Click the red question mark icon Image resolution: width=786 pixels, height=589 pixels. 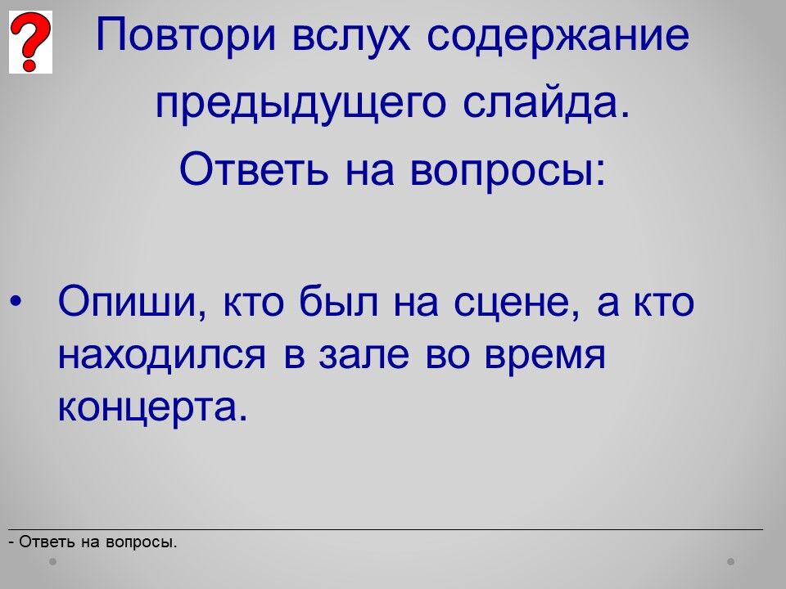pyautogui.click(x=30, y=42)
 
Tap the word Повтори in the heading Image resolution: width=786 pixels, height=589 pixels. pyautogui.click(x=186, y=36)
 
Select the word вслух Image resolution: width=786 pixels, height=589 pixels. pyautogui.click(x=351, y=36)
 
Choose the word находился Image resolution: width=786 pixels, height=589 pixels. pyautogui.click(x=162, y=357)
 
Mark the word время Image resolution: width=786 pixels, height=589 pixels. pyautogui.click(x=545, y=358)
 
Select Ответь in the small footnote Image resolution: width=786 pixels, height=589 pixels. pyautogui.click(x=47, y=542)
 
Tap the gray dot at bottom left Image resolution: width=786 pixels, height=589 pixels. pyautogui.click(x=52, y=561)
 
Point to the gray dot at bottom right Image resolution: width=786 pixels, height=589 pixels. pyautogui.click(x=731, y=561)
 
